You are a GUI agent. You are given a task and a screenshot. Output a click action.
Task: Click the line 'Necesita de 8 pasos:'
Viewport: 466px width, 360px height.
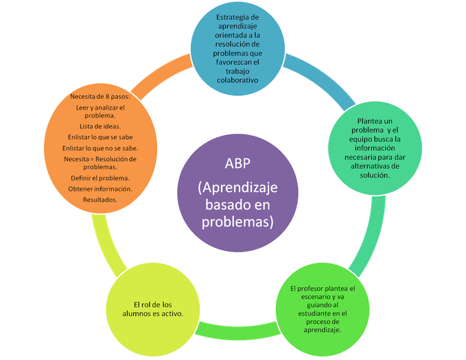[100, 97]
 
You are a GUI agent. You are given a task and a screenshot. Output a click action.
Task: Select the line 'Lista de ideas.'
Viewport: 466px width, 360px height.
[100, 127]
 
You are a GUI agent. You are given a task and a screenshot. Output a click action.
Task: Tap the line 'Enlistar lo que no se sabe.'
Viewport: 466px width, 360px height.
[100, 147]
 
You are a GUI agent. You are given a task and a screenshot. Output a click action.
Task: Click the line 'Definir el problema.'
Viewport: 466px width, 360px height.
[100, 177]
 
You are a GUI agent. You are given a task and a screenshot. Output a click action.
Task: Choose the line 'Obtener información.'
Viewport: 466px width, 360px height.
[100, 188]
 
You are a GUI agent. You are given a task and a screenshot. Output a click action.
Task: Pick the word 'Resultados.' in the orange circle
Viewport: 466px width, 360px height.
[100, 199]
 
